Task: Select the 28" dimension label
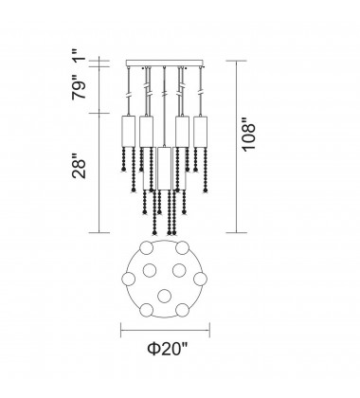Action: coord(79,167)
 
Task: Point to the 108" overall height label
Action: coord(248,135)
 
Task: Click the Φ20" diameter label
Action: coord(168,349)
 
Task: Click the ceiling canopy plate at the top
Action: coord(164,63)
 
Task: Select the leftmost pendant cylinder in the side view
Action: coord(129,132)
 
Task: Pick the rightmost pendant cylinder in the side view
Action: coord(200,132)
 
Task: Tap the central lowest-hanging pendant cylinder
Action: coord(164,168)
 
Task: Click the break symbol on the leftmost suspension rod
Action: coord(129,95)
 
